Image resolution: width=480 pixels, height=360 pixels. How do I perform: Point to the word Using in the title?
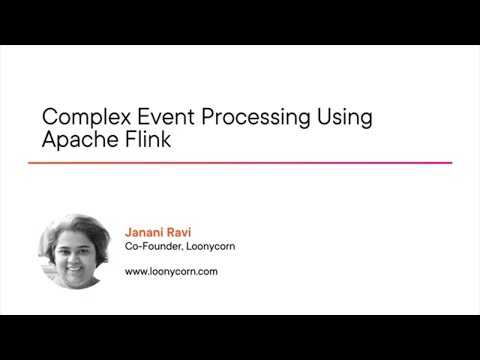pos(343,118)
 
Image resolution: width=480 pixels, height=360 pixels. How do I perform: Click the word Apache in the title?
pos(76,140)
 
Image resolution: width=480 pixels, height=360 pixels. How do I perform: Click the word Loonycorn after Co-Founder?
pos(211,247)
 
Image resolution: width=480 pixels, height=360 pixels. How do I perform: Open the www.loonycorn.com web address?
pos(171,271)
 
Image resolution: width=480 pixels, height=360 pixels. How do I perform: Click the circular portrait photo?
pos(74,251)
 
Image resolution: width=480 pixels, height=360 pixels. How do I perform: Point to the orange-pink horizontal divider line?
pos(240,163)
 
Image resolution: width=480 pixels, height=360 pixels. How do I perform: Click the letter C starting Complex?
pos(50,116)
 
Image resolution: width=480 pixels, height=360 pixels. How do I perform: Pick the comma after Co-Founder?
pos(182,250)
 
